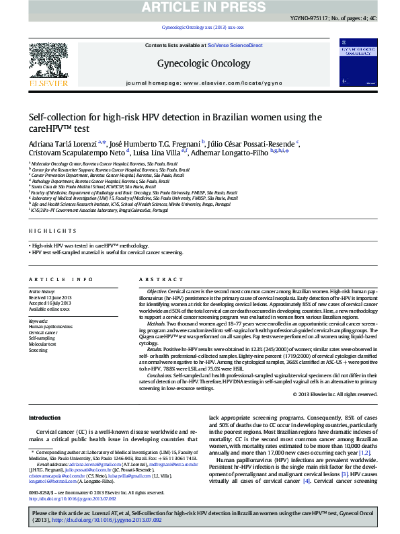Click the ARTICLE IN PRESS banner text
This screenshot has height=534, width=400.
point(200,7)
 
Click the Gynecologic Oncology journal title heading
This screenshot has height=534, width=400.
point(199,63)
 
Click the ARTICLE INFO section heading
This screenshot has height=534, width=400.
point(61,279)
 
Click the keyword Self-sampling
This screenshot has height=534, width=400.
point(42,338)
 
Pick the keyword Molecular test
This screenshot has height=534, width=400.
point(43,344)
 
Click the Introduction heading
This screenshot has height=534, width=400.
point(44,418)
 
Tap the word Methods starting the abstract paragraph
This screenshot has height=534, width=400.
point(157,325)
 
